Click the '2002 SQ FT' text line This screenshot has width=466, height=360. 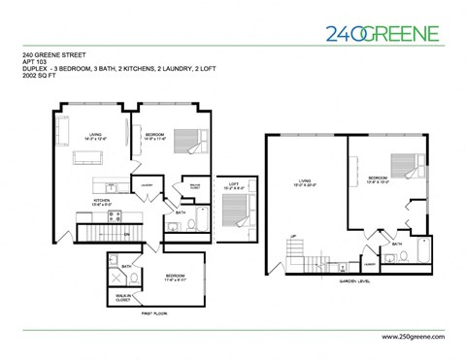[42, 88]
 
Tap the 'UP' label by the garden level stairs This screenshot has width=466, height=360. [292, 236]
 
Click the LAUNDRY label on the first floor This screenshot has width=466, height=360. [147, 184]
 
